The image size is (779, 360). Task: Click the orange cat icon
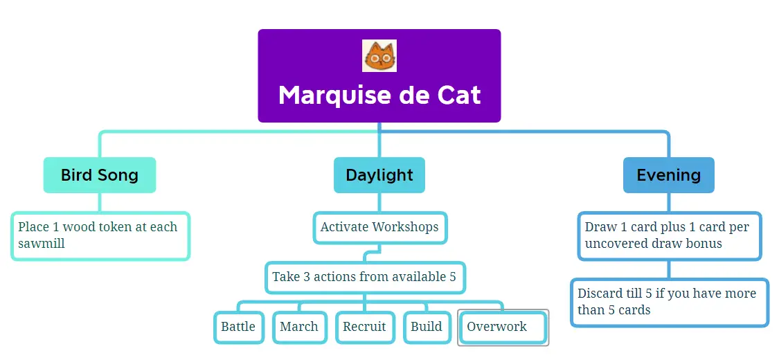tap(379, 55)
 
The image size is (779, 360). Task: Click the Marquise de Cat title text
tap(379, 95)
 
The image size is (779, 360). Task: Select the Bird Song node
tap(100, 174)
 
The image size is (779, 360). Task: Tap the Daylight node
tap(379, 174)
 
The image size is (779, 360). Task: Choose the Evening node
tap(669, 174)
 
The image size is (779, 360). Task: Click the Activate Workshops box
tap(380, 228)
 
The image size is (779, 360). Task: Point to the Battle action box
tap(238, 327)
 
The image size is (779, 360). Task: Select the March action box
tap(299, 327)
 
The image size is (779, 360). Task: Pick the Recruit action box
tap(365, 327)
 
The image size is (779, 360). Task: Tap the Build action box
tap(427, 327)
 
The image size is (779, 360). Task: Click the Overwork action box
tap(503, 327)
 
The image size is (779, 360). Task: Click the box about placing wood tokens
tap(100, 236)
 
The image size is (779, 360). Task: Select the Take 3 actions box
tap(365, 277)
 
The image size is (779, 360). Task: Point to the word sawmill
tap(42, 244)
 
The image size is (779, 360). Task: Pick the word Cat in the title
tap(459, 95)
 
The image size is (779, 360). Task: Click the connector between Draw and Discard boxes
tap(669, 269)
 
